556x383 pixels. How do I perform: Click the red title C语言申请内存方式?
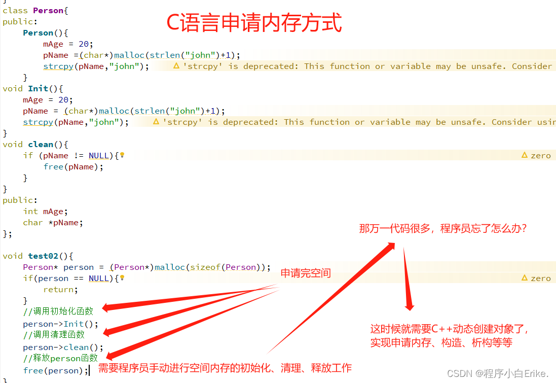pos(254,23)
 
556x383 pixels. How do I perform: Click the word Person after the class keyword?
pos(48,10)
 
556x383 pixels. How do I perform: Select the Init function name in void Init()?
pos(38,88)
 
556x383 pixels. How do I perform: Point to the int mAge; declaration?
pos(45,211)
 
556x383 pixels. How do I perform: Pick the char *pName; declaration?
pos(53,222)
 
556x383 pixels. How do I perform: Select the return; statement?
pos(60,289)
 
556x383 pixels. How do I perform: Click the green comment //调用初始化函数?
pos(58,311)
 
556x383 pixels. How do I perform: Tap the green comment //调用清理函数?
pos(54,334)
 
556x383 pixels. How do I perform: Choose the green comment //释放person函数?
pos(60,358)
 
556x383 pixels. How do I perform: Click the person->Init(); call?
pos(61,324)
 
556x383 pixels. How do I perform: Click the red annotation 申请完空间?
pos(306,273)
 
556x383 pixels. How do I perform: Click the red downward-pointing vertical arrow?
pos(407,279)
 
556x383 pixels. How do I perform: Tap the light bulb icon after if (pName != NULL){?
pos(122,155)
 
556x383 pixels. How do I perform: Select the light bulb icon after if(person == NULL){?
pos(122,278)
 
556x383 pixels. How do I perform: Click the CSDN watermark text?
pos(498,374)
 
